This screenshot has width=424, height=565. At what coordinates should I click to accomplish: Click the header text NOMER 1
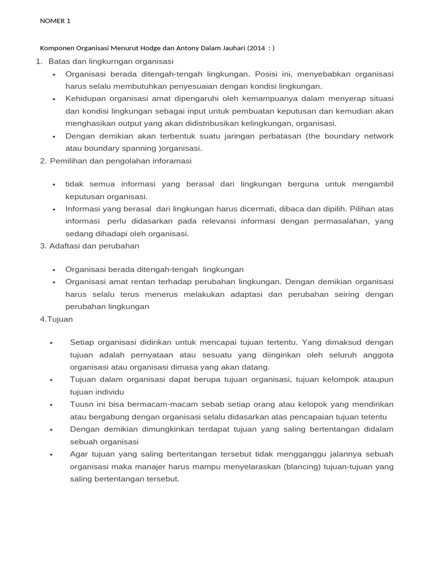point(55,22)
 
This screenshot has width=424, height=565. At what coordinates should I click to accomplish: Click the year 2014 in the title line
point(257,48)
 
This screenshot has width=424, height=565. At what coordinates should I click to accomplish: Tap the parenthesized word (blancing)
point(302,467)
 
